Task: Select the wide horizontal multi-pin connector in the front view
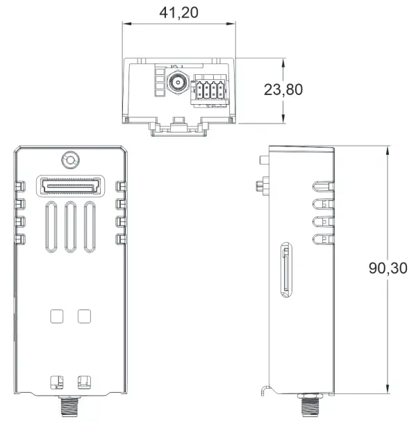coord(70,185)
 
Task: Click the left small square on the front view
coord(57,315)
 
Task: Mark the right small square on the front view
coord(84,315)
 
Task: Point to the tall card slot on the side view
coord(285,270)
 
